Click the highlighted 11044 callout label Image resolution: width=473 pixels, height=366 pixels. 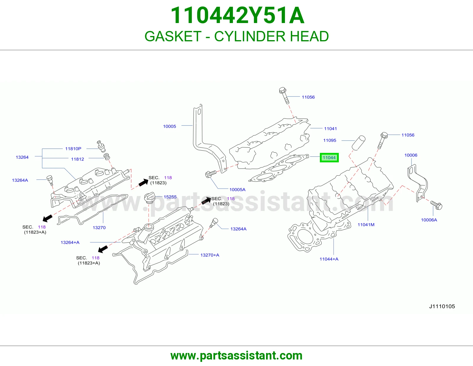coord(329,158)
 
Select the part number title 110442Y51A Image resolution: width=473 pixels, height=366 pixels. coord(237,15)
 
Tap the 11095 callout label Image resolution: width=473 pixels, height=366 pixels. coord(330,140)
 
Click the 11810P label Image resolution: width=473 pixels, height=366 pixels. coord(73,149)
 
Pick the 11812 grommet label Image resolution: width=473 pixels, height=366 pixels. coord(77,159)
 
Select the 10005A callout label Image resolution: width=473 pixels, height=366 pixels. coord(237,189)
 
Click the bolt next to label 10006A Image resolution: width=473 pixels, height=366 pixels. coord(436,205)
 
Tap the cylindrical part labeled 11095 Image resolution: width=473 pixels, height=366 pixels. coord(358,143)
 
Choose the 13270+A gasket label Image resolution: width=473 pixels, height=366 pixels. coord(210,255)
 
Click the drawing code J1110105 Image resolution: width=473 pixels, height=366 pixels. coord(442,306)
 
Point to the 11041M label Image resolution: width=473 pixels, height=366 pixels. coord(366,225)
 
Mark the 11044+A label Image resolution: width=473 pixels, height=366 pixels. coord(329,259)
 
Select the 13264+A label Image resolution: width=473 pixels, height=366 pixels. coord(70,242)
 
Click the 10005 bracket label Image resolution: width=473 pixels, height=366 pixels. coord(170,126)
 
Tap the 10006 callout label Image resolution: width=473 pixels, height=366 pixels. coord(411,155)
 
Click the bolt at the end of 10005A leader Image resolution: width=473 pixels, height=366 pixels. coord(210,174)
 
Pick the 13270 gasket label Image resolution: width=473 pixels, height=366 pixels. coord(99,228)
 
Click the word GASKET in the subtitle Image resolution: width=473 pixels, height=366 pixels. coord(173,36)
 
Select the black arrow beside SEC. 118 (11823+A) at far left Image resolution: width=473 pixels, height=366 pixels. coord(48,218)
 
